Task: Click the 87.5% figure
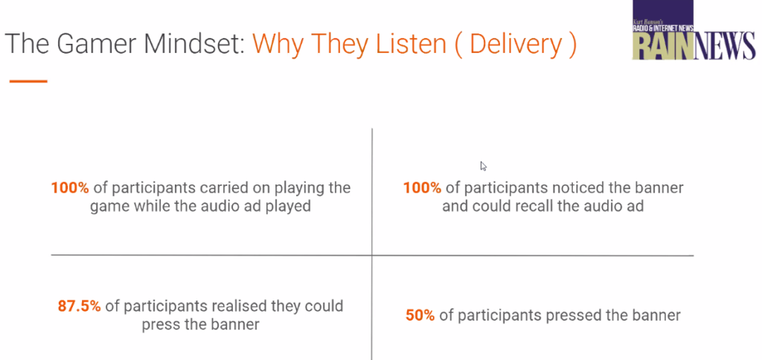tap(79, 306)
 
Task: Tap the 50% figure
tap(420, 315)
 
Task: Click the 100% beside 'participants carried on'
tap(70, 188)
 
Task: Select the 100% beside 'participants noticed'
tap(423, 188)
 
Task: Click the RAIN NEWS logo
tap(694, 30)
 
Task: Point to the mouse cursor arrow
tap(483, 166)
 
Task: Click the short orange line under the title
tap(28, 81)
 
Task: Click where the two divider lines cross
tap(372, 255)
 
